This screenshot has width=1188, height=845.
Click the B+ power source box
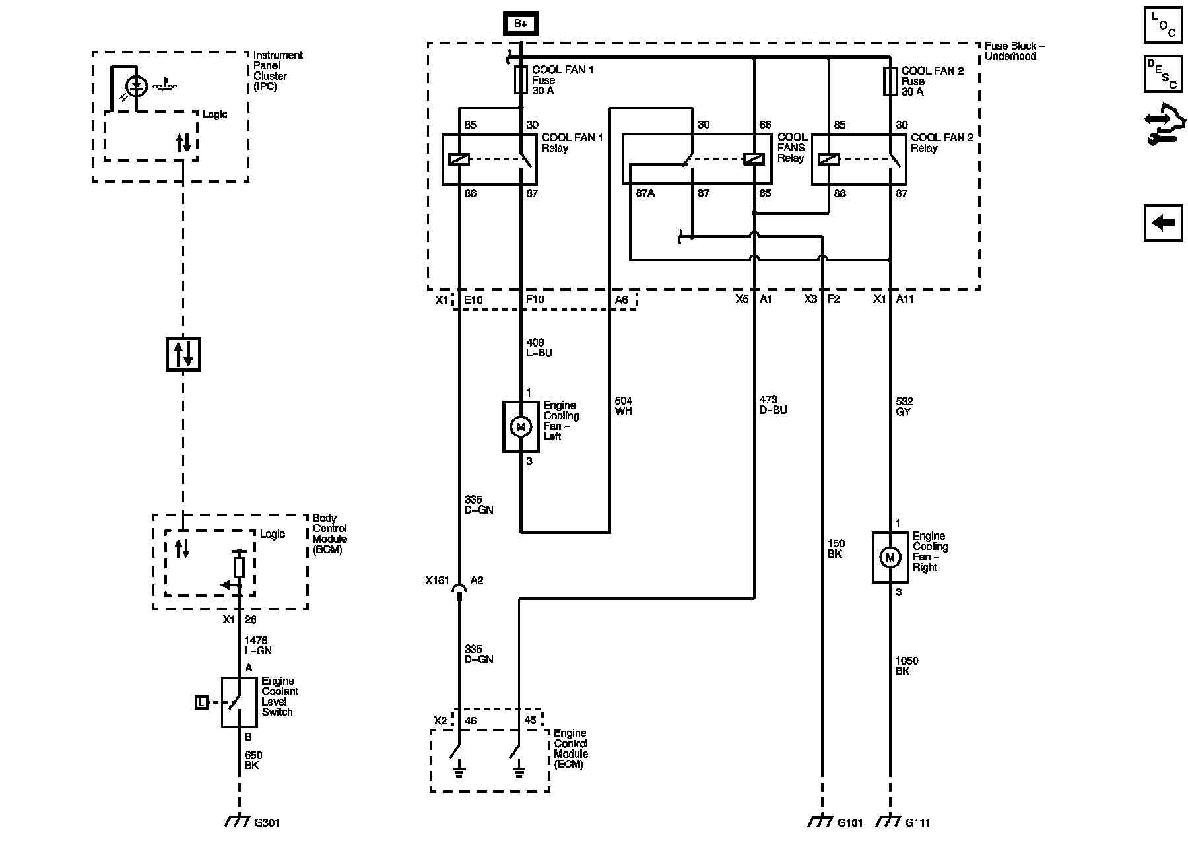click(521, 24)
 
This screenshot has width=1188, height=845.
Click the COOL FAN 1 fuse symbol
click(521, 80)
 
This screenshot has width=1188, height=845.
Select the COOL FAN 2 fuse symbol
click(890, 81)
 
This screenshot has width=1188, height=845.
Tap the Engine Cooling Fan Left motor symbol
click(520, 426)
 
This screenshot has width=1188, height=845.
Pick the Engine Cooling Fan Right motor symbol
click(889, 557)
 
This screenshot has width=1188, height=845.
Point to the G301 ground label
click(267, 823)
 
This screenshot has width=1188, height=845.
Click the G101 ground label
click(850, 823)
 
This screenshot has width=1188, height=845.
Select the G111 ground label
click(918, 823)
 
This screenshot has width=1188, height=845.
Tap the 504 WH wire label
click(624, 406)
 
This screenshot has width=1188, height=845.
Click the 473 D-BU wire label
click(773, 405)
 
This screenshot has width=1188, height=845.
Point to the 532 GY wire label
click(904, 406)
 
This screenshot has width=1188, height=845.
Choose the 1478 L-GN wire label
click(258, 645)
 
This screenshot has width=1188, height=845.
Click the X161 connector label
click(437, 580)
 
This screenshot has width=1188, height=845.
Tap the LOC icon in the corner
click(1163, 25)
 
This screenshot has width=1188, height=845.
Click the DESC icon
click(1163, 73)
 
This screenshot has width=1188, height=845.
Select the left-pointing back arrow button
click(1163, 222)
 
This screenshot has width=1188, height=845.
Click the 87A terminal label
click(645, 193)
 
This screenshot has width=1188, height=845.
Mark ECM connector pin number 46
click(471, 720)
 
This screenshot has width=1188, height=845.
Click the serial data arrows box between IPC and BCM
click(183, 354)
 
